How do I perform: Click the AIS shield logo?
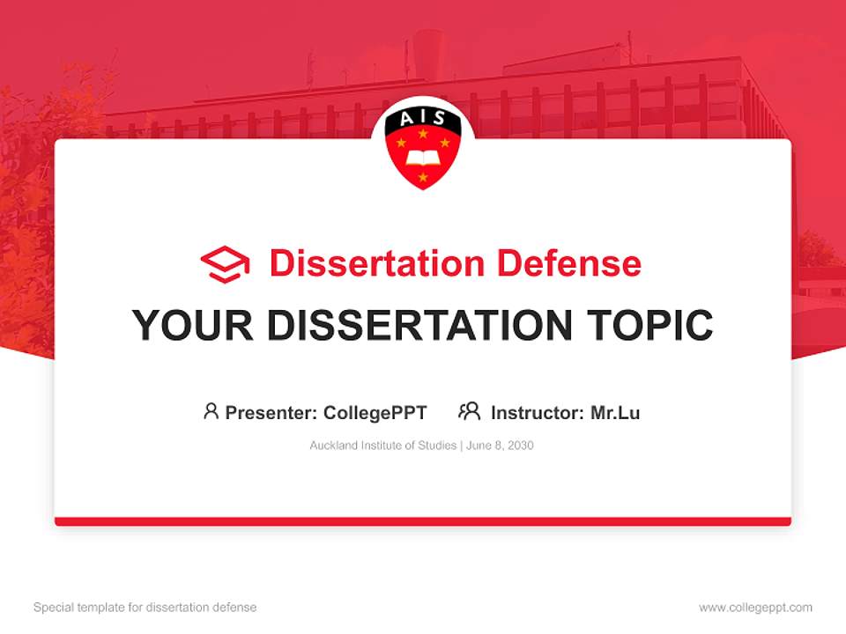(x=423, y=150)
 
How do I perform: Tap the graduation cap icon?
(x=225, y=264)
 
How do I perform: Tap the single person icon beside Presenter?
(x=211, y=411)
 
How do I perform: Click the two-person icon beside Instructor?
(x=469, y=411)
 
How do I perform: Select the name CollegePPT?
(x=375, y=412)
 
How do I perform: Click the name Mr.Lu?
(x=615, y=412)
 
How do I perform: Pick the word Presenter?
(x=271, y=412)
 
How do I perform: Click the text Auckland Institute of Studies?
(x=382, y=446)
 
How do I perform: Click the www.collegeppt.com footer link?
(x=755, y=608)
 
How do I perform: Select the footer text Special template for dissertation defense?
(x=145, y=608)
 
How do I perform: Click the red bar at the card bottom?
(x=423, y=521)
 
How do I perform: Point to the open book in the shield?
(x=422, y=160)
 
